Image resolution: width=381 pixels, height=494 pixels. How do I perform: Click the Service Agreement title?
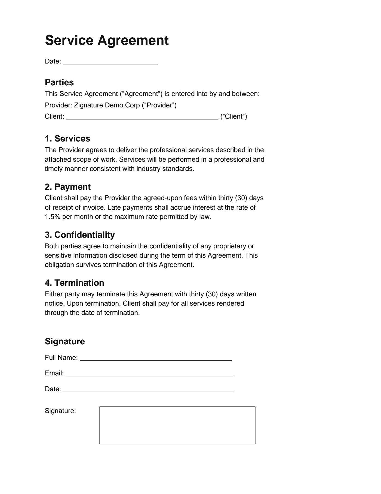107,40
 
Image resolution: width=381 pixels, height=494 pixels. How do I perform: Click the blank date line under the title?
110,62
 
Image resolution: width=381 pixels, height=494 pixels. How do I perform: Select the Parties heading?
59,82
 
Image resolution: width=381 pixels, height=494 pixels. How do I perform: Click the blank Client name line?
142,117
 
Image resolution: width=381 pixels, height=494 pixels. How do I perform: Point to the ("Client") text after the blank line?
233,116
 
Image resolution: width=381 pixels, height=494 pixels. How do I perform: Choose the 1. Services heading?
67,138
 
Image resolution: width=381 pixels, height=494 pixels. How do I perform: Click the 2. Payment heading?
67,187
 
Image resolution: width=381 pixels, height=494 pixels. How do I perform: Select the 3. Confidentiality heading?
80,235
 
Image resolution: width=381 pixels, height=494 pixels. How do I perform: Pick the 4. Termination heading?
74,283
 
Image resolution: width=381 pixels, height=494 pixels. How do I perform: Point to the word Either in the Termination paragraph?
54,294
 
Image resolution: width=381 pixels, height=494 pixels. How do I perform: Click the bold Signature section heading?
65,341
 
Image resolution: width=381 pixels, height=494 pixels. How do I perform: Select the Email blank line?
149,374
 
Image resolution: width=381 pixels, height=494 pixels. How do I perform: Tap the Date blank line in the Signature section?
149,390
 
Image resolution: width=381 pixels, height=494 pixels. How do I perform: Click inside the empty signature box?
177,425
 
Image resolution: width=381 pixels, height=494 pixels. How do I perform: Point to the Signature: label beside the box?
60,411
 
